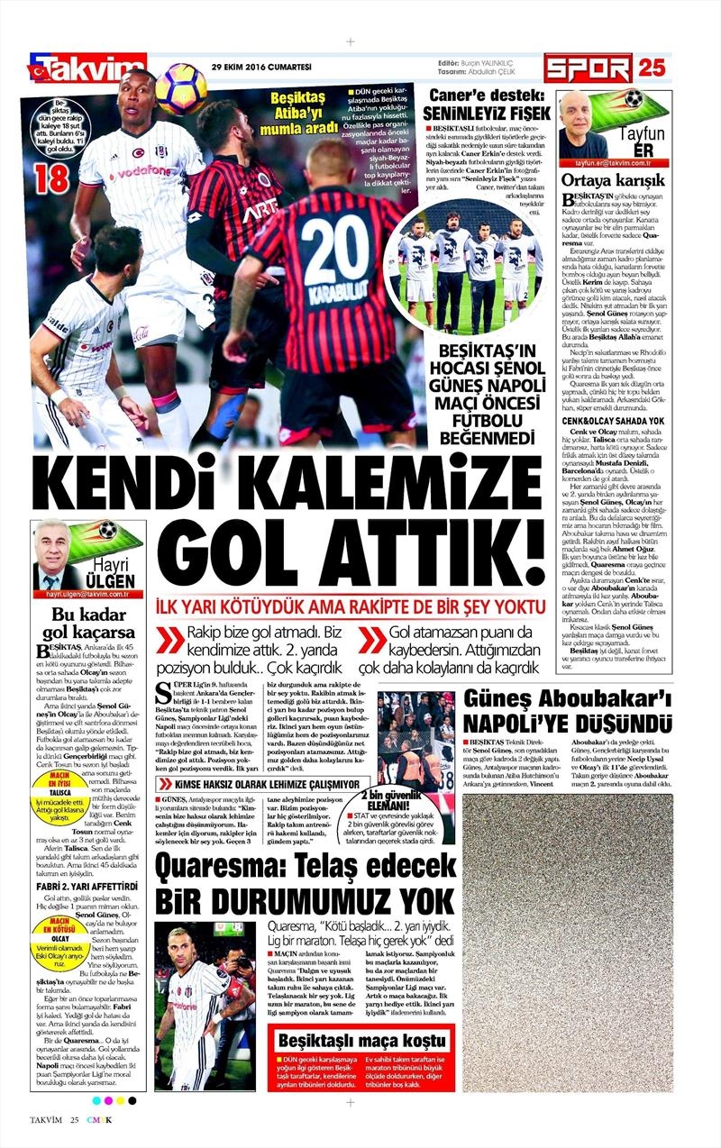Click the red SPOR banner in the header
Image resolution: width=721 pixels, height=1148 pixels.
coord(587,68)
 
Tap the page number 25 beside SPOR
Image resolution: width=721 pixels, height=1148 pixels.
coord(652,68)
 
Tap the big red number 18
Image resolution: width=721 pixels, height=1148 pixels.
coord(50,177)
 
